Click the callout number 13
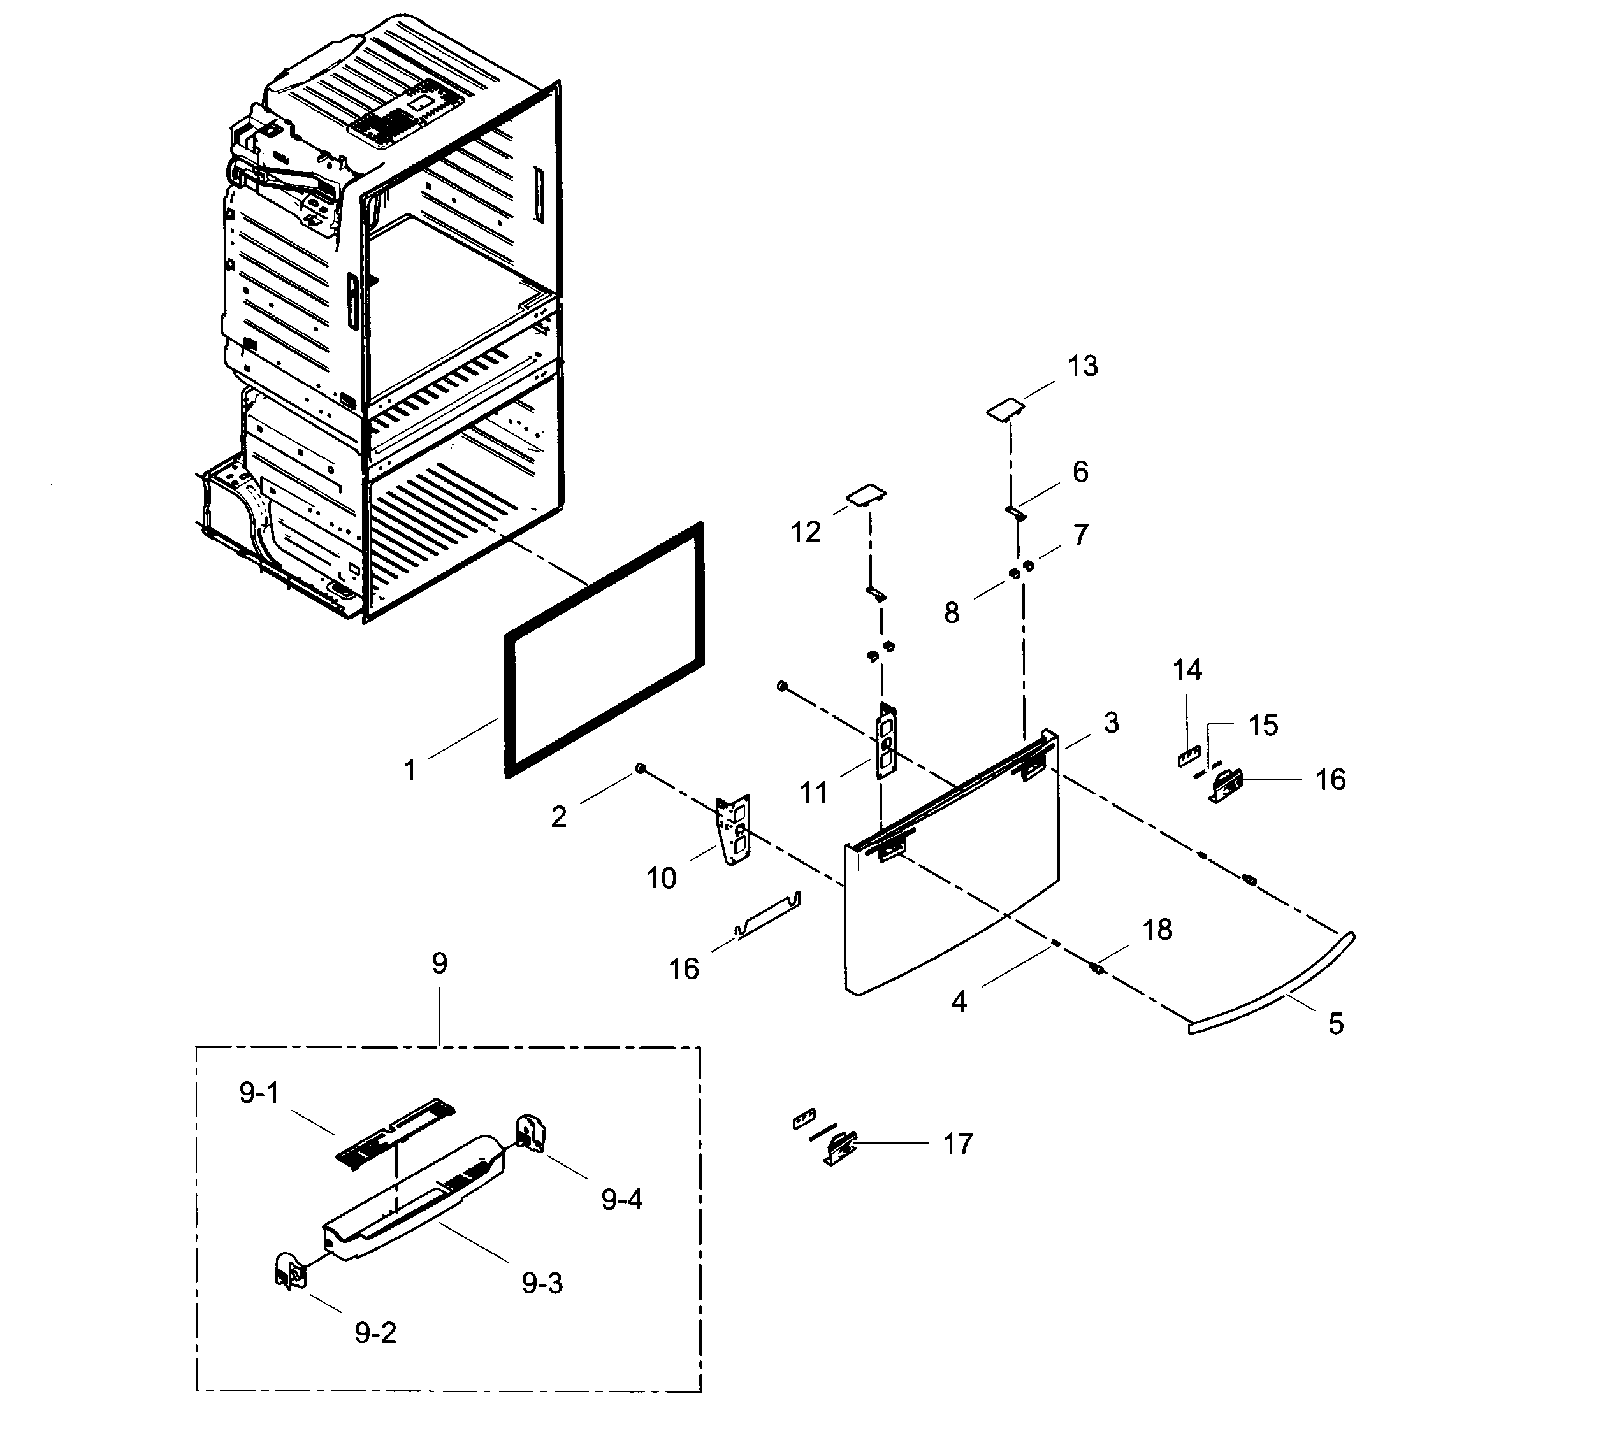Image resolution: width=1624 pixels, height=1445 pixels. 1082,366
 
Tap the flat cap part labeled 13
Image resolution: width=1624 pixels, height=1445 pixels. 1005,410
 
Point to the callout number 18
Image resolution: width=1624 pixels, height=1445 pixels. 1157,930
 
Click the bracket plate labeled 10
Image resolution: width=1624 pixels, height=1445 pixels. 734,831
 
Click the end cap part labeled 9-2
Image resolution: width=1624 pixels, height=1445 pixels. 289,1275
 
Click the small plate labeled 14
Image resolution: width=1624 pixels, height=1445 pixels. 1188,756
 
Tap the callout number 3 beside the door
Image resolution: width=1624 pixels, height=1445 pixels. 1111,723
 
